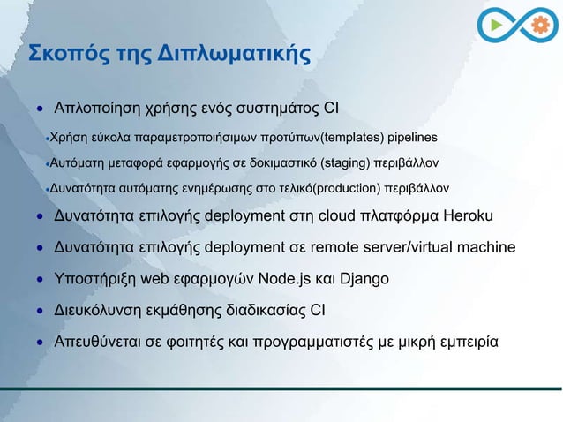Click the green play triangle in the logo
tap(498, 26)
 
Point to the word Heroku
tap(469, 217)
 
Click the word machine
tap(484, 248)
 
